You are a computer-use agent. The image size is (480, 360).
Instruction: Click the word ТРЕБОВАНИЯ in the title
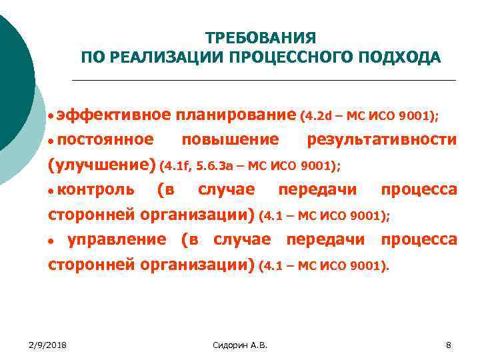click(x=260, y=38)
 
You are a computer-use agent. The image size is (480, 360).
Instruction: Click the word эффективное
click(x=113, y=115)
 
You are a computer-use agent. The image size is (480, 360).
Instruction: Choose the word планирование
click(x=235, y=115)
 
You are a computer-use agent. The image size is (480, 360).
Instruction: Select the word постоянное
click(x=105, y=139)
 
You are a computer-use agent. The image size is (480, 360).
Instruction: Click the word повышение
click(x=230, y=139)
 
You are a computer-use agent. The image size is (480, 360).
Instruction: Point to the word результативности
click(x=381, y=139)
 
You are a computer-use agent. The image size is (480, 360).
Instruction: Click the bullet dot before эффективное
click(x=51, y=117)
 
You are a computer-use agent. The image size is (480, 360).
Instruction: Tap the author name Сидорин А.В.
click(x=239, y=344)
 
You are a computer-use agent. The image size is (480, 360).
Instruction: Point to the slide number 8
click(x=448, y=344)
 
